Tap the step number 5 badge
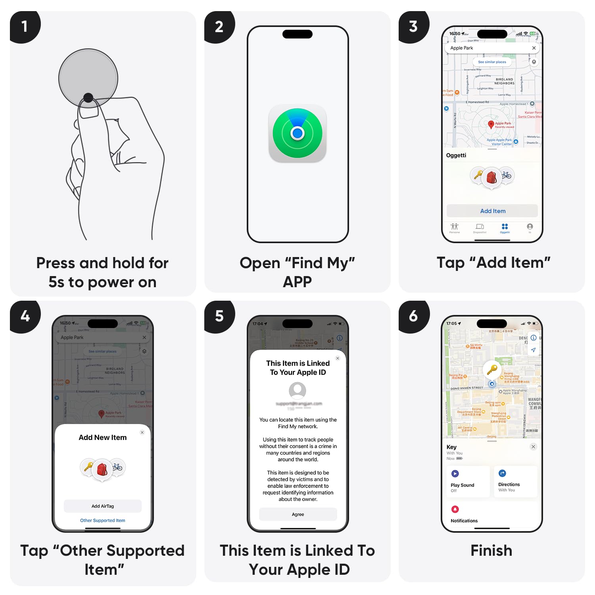point(219,316)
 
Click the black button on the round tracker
point(88,97)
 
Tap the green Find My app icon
point(297,133)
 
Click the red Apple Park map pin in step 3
point(491,125)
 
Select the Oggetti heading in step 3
point(456,155)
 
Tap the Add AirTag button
point(103,506)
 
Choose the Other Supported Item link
point(103,520)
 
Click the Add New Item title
point(103,438)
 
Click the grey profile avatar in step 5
point(297,391)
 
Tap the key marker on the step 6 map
point(492,369)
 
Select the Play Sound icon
point(455,474)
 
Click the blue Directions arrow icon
point(502,473)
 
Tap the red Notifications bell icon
point(455,509)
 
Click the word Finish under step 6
point(491,551)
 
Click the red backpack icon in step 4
point(102,469)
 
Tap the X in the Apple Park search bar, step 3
point(534,48)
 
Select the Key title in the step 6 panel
point(451,447)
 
